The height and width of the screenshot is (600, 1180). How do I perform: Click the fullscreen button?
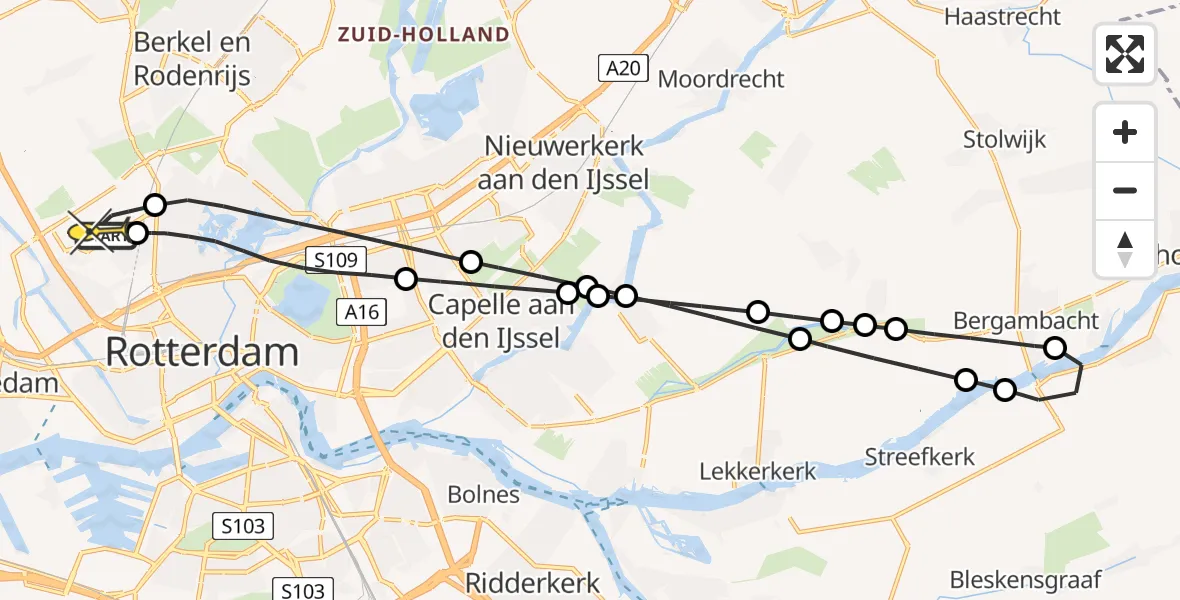pyautogui.click(x=1125, y=53)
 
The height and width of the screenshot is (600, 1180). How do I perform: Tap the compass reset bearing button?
pyautogui.click(x=1125, y=249)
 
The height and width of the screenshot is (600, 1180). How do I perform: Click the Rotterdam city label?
pyautogui.click(x=202, y=352)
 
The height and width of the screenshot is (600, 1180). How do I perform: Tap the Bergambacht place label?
pyautogui.click(x=1026, y=321)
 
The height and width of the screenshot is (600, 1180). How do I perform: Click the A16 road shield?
pyautogui.click(x=361, y=312)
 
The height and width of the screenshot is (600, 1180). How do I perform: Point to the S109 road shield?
pyautogui.click(x=335, y=262)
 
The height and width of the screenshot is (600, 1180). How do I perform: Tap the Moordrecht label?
pyautogui.click(x=721, y=79)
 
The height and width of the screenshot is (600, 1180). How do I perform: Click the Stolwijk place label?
pyautogui.click(x=1005, y=139)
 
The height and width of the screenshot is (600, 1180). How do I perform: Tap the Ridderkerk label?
pyautogui.click(x=534, y=582)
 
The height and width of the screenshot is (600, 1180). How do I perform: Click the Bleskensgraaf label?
pyautogui.click(x=1025, y=579)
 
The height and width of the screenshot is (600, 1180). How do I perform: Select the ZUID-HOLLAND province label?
pyautogui.click(x=423, y=35)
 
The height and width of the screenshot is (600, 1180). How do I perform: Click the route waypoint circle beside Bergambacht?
pyautogui.click(x=1055, y=348)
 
